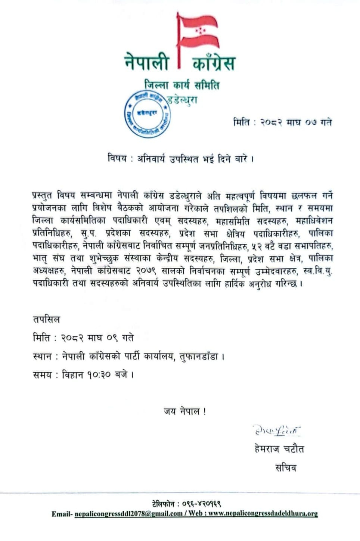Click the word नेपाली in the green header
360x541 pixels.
[147, 63]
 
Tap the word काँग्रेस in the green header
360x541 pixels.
[214, 63]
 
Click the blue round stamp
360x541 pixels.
[147, 114]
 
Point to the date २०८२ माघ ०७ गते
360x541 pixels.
[295, 122]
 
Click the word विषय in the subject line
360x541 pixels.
[116, 159]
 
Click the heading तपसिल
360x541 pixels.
[46, 320]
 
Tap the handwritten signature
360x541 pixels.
[276, 430]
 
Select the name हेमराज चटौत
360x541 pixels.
[279, 449]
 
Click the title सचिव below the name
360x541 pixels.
[285, 467]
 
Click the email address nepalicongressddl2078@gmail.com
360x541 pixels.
[128, 514]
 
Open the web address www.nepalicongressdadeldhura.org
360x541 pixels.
[263, 514]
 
